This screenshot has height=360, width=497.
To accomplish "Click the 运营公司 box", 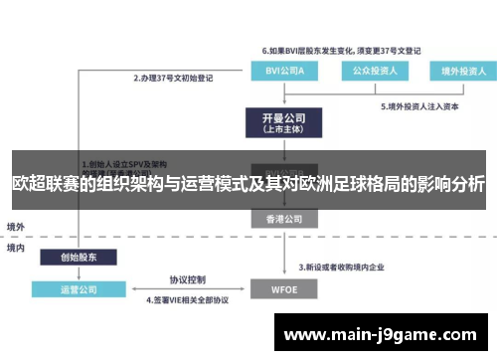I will pyautogui.click(x=80, y=289).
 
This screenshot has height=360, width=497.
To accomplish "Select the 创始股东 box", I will pyautogui.click(x=80, y=256).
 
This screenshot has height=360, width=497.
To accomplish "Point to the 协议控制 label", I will pyautogui.click(x=186, y=279).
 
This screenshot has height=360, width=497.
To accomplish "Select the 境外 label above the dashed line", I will pyautogui.click(x=16, y=226).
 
